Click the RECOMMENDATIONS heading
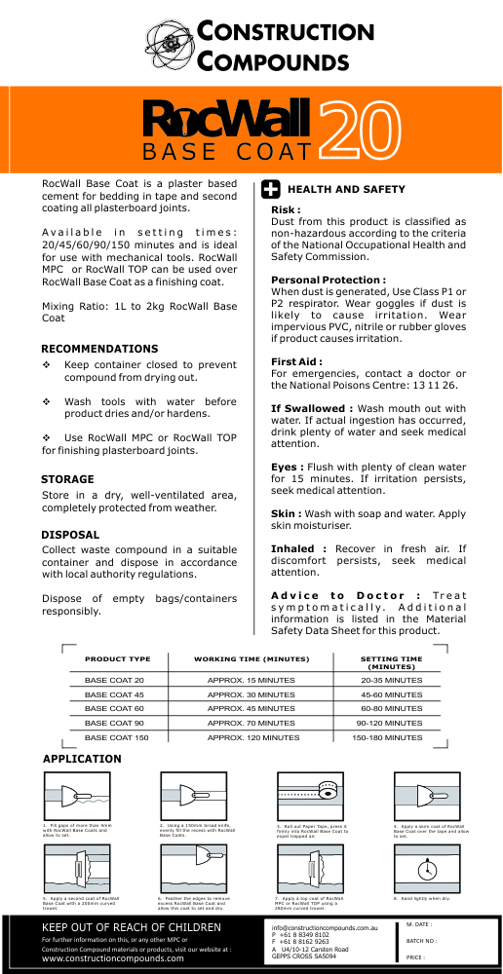tap(99, 348)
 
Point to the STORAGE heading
tap(68, 479)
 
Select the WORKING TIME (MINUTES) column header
tap(251, 659)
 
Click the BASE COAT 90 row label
tap(114, 723)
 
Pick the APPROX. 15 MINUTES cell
tap(251, 679)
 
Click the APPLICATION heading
tap(83, 758)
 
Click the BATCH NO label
tap(421, 941)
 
